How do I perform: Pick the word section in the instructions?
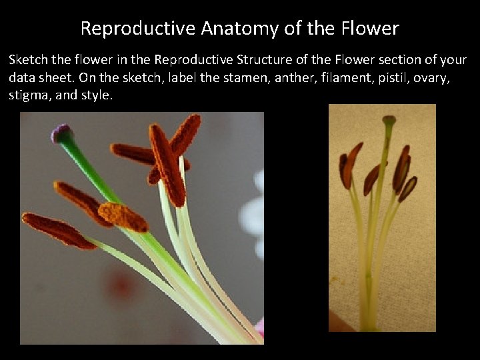(387, 60)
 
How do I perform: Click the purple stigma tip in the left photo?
(61, 133)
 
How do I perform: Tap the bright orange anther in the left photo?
(122, 217)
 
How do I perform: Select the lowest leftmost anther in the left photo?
(58, 230)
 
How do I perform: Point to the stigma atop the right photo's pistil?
(388, 121)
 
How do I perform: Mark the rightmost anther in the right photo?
(407, 189)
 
